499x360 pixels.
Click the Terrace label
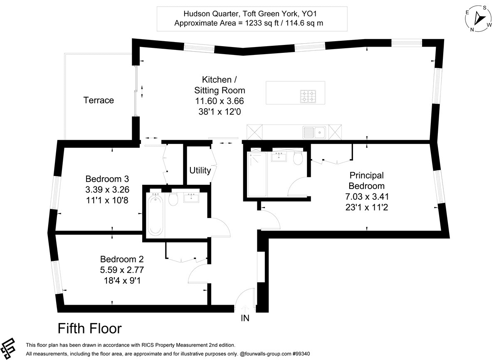(99, 100)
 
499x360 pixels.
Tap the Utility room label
(200, 171)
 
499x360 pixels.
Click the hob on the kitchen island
(308, 96)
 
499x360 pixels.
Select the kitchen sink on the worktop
(314, 132)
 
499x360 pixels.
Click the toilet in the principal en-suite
(298, 158)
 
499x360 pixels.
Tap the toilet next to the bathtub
(173, 199)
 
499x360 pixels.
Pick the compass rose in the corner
(479, 18)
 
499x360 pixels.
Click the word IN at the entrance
(245, 318)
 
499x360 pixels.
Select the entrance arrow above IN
(245, 309)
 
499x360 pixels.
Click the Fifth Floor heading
(90, 328)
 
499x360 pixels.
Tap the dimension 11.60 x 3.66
(220, 101)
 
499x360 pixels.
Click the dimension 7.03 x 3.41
(367, 196)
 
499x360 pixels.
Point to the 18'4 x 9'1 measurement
(122, 281)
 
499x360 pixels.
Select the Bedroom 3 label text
(107, 179)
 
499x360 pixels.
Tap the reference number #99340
(301, 354)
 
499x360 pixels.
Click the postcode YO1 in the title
(309, 14)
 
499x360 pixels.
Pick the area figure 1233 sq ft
(262, 23)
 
